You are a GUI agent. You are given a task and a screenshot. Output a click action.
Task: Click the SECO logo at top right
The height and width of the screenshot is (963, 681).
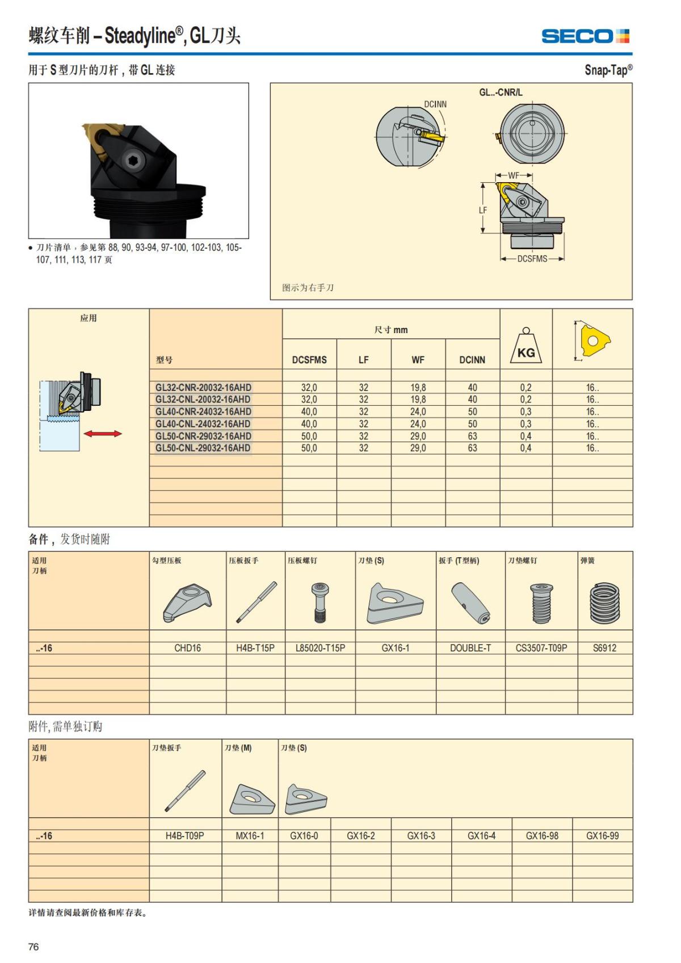585,36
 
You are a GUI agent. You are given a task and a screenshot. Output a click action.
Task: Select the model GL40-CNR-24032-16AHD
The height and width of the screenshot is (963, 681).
203,411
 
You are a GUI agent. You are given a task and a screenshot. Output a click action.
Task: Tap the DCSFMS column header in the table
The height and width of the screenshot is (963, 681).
309,360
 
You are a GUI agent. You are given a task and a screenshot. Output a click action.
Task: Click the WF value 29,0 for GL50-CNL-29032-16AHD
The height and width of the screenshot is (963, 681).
418,448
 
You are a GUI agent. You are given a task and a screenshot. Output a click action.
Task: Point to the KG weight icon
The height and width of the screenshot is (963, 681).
526,347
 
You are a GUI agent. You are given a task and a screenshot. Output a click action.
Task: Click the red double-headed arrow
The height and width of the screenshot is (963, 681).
103,434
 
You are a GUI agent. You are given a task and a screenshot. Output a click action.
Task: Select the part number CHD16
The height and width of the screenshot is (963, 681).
187,647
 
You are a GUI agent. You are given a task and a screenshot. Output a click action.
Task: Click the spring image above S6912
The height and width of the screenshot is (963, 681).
605,603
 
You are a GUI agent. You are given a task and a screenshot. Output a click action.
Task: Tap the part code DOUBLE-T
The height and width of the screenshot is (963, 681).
470,647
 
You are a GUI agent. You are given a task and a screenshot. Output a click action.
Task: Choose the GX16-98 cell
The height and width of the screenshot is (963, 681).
542,836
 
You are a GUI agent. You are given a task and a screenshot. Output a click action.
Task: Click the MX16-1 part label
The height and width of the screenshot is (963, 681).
250,836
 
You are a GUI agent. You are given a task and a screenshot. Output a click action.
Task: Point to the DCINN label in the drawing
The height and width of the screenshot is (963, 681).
435,104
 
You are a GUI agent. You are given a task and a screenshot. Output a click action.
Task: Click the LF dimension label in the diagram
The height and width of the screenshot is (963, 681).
483,210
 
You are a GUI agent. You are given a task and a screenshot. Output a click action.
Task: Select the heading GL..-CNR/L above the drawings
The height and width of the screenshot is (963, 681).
501,92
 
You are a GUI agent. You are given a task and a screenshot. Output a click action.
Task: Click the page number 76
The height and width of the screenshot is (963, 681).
33,947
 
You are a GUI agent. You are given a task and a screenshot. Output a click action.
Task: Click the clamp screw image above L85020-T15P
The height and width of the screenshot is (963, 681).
320,603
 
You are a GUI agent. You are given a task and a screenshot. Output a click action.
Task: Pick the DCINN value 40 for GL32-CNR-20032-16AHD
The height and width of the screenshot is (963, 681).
472,388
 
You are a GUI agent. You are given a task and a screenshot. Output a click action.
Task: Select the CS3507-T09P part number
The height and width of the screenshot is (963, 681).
541,647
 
